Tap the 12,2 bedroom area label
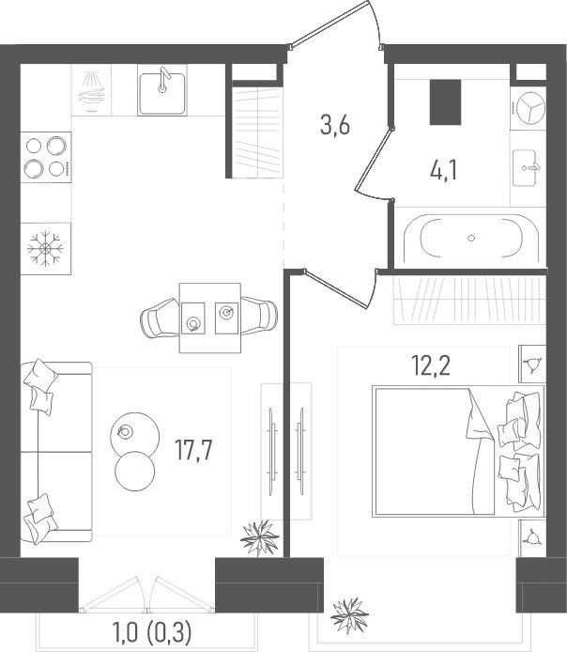pos(431,365)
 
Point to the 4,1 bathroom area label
pos(444,171)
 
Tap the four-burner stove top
pos(46,157)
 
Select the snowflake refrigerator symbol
pos(45,248)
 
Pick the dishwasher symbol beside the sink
pos(92,90)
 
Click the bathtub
pos(470,239)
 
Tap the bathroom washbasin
pos(526,167)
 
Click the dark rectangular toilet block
pos(445,102)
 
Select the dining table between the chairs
pos(209,318)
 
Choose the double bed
pos(458,451)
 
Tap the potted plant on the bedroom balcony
pos(349,615)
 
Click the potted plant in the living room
pos(260,537)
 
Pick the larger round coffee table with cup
pos(135,435)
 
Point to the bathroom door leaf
pos(373,160)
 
